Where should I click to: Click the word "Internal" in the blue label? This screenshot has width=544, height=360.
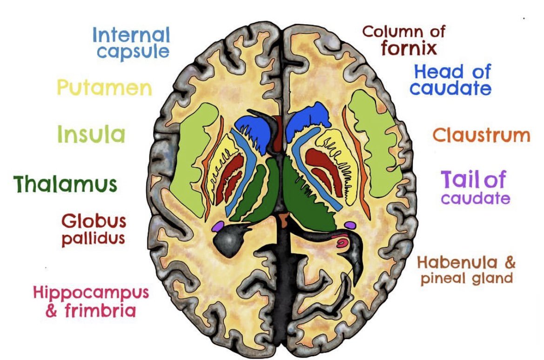pos(131,35)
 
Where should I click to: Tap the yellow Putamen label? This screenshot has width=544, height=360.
pos(104,88)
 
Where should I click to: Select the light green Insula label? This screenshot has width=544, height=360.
pos(91,135)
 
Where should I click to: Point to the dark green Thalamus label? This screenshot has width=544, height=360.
pos(65,184)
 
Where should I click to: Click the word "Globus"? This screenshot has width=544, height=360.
pos(94,221)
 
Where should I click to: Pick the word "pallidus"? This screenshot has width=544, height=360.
pos(93,238)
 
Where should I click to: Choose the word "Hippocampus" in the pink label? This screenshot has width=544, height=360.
pos(91,293)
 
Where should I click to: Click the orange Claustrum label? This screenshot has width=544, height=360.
pos(481,136)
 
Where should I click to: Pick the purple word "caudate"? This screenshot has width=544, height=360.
pos(475,199)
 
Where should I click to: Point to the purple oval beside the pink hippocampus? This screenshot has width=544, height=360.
pos(350,225)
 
